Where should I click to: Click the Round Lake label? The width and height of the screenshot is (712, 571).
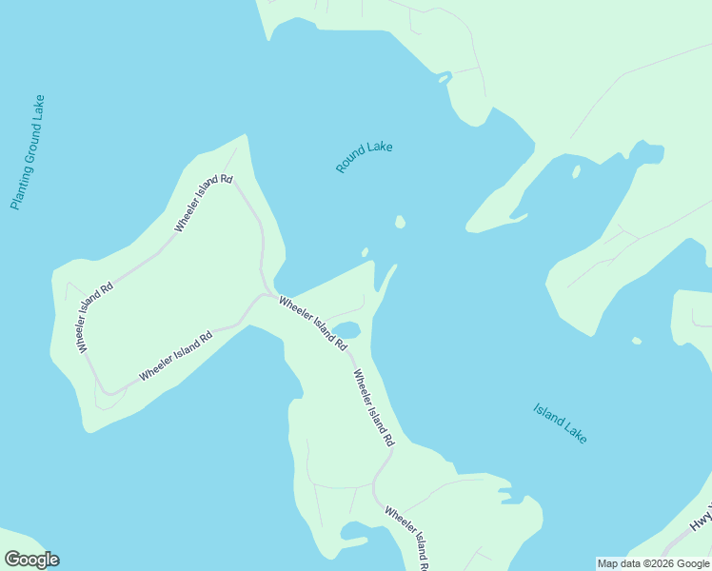tap(364, 157)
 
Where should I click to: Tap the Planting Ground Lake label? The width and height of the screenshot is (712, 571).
tap(28, 152)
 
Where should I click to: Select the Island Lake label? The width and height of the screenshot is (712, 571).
tap(560, 423)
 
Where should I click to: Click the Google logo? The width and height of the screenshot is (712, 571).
tap(31, 560)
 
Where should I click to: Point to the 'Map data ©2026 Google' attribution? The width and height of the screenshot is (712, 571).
tap(653, 563)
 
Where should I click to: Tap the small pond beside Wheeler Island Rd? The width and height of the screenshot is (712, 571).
tap(346, 330)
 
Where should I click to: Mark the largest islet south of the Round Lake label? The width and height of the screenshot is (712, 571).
tap(400, 222)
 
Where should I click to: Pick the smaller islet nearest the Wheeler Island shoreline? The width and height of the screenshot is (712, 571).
tap(365, 252)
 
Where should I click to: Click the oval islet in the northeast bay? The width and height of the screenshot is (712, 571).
tap(576, 172)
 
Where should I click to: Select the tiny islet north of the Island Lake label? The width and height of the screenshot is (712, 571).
tap(636, 341)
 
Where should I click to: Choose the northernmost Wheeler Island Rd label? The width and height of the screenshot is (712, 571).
tap(203, 204)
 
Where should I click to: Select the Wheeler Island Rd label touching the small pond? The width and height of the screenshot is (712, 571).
tap(311, 322)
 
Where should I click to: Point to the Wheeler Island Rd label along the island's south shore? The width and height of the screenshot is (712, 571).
tap(175, 357)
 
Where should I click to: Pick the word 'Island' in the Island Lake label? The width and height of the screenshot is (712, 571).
tap(549, 417)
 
